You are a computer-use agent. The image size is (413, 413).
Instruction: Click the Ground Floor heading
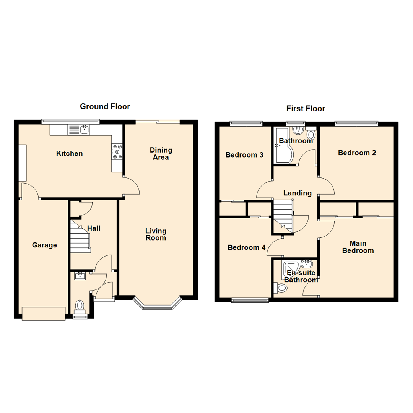click(105, 106)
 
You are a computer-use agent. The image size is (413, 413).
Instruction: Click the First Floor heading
click(306, 109)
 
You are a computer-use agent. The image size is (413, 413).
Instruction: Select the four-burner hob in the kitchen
click(117, 151)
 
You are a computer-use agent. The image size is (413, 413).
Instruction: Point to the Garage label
click(44, 245)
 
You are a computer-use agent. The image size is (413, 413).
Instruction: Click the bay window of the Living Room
click(157, 304)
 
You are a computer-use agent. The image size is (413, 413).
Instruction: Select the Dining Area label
click(161, 154)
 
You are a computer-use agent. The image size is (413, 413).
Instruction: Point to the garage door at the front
click(43, 314)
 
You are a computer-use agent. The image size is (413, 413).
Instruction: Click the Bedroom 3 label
click(244, 155)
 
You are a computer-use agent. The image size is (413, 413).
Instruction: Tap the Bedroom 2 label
click(357, 153)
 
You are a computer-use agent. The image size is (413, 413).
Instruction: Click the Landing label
click(297, 193)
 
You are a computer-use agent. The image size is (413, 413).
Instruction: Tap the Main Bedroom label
click(358, 247)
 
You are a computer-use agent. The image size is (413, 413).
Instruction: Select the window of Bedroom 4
click(250, 301)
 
